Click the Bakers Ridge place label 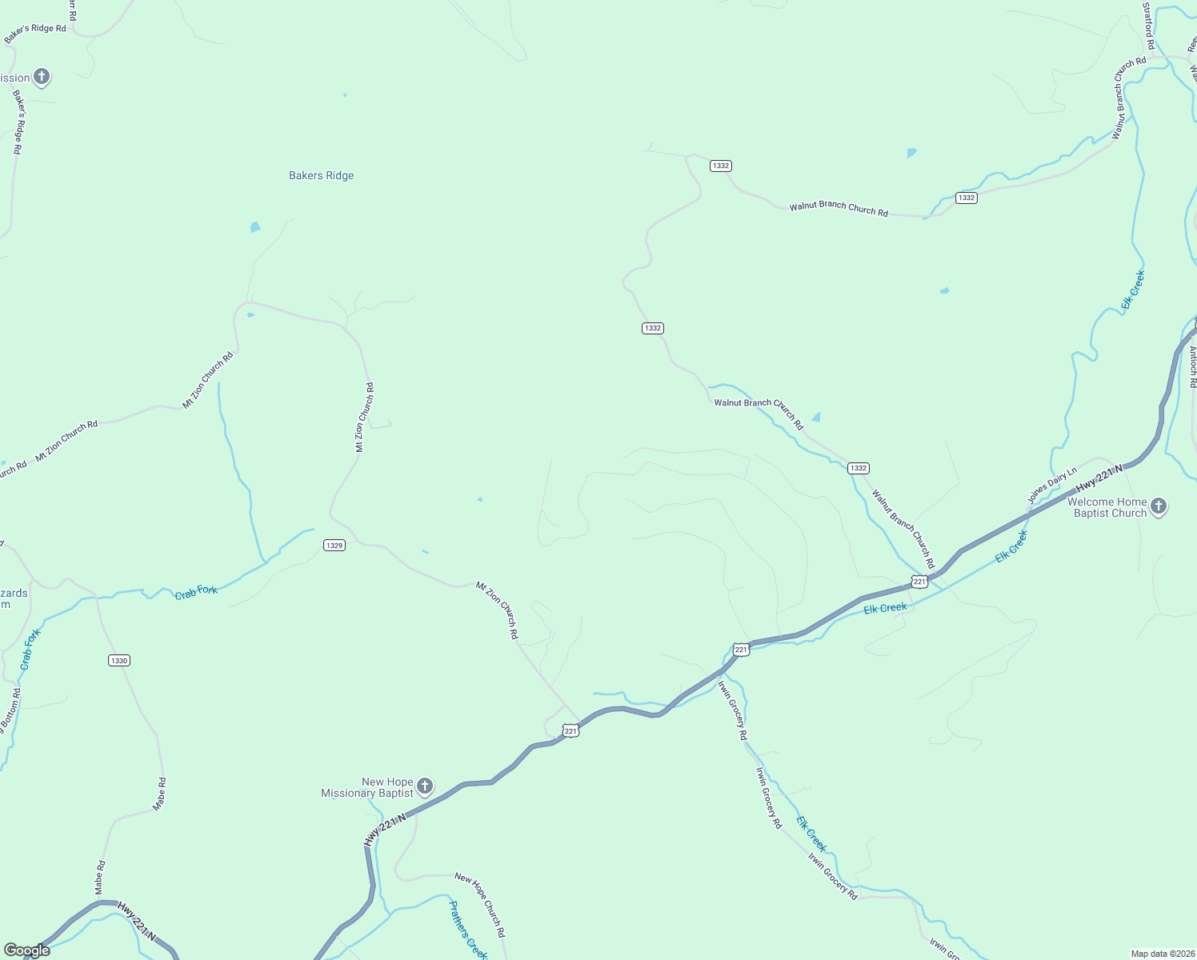pos(321,175)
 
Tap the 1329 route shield pos(334,546)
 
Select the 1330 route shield pos(118,661)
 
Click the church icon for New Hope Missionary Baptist pos(425,786)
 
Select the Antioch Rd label pos(1192,366)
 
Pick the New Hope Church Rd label pos(480,905)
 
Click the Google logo pos(27,950)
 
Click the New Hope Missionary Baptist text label pos(367,788)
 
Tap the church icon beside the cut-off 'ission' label pos(42,78)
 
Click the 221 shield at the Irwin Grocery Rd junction pos(741,650)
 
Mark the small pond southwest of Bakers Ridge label pos(255,227)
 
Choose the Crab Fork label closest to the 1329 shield pos(196,591)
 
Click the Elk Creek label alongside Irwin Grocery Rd pos(811,834)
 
